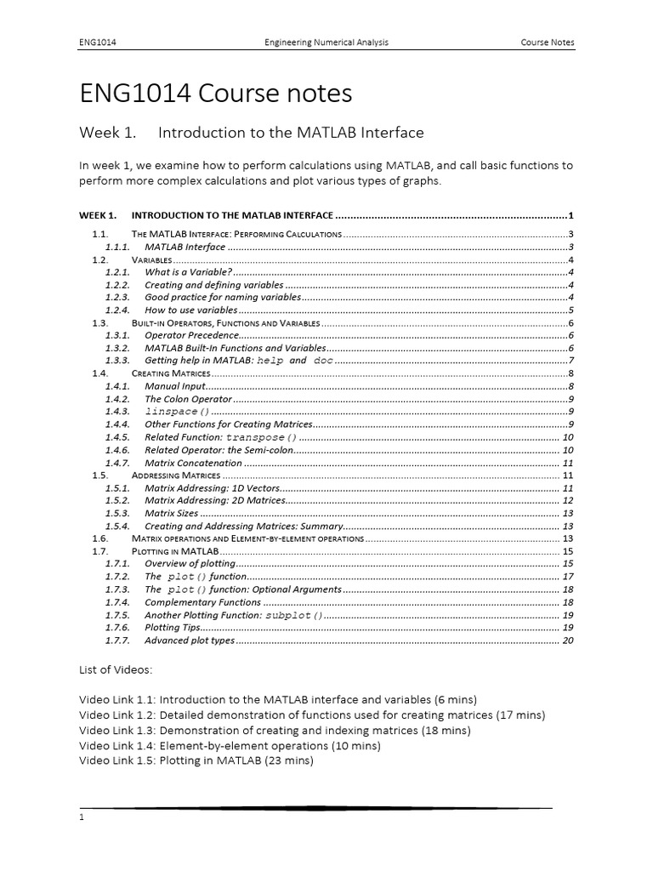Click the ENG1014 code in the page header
click(x=97, y=42)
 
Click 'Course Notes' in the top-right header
click(x=548, y=42)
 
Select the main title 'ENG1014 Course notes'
click(x=215, y=93)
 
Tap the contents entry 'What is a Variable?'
click(x=188, y=272)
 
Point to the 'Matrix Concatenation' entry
click(x=193, y=463)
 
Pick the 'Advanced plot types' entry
click(x=189, y=640)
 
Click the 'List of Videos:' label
click(x=116, y=670)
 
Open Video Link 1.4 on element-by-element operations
click(x=230, y=745)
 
